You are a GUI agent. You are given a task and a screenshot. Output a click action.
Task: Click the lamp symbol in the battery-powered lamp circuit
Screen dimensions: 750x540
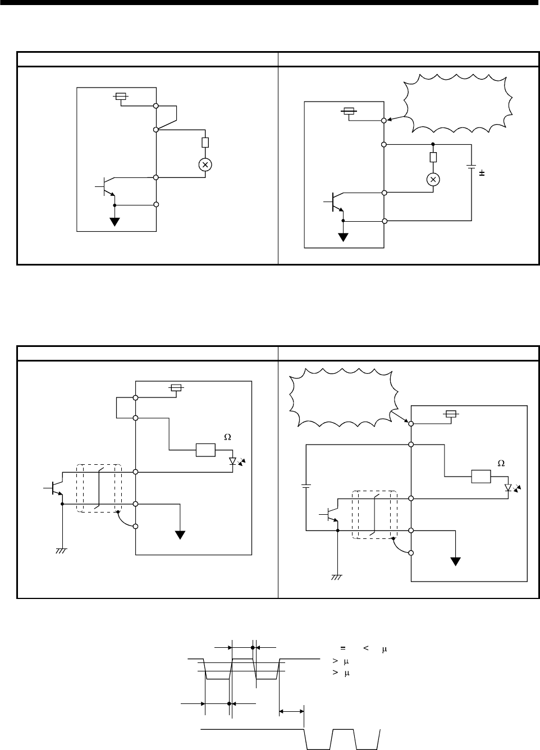[x=433, y=179]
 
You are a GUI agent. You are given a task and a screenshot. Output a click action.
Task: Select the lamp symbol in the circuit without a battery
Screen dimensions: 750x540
[x=205, y=164]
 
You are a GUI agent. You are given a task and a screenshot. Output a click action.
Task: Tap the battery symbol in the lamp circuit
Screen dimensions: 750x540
[x=471, y=167]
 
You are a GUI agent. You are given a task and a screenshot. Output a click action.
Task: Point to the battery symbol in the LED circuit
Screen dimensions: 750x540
[x=306, y=486]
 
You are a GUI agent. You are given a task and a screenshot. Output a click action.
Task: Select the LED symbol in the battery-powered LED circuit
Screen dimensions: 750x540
[x=509, y=488]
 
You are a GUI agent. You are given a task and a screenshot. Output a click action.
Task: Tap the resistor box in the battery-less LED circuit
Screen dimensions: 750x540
[x=205, y=450]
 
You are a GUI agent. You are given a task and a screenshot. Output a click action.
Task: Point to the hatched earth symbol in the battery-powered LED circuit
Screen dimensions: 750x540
[x=337, y=578]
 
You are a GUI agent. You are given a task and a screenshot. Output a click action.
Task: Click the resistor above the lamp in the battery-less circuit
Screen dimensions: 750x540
[x=205, y=143]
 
